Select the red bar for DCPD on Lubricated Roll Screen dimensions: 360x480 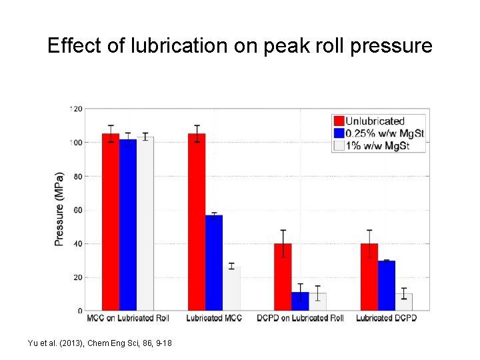coord(283,277)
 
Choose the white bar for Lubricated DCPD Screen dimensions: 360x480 coord(403,302)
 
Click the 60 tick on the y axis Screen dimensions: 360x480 coord(78,210)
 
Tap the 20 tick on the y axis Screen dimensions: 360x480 coord(78,277)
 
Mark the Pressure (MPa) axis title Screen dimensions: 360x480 coord(59,209)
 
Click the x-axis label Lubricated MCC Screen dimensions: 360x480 coord(215,319)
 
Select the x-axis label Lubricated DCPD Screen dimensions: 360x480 coord(386,319)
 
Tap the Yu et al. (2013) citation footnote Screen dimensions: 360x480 coord(99,343)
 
